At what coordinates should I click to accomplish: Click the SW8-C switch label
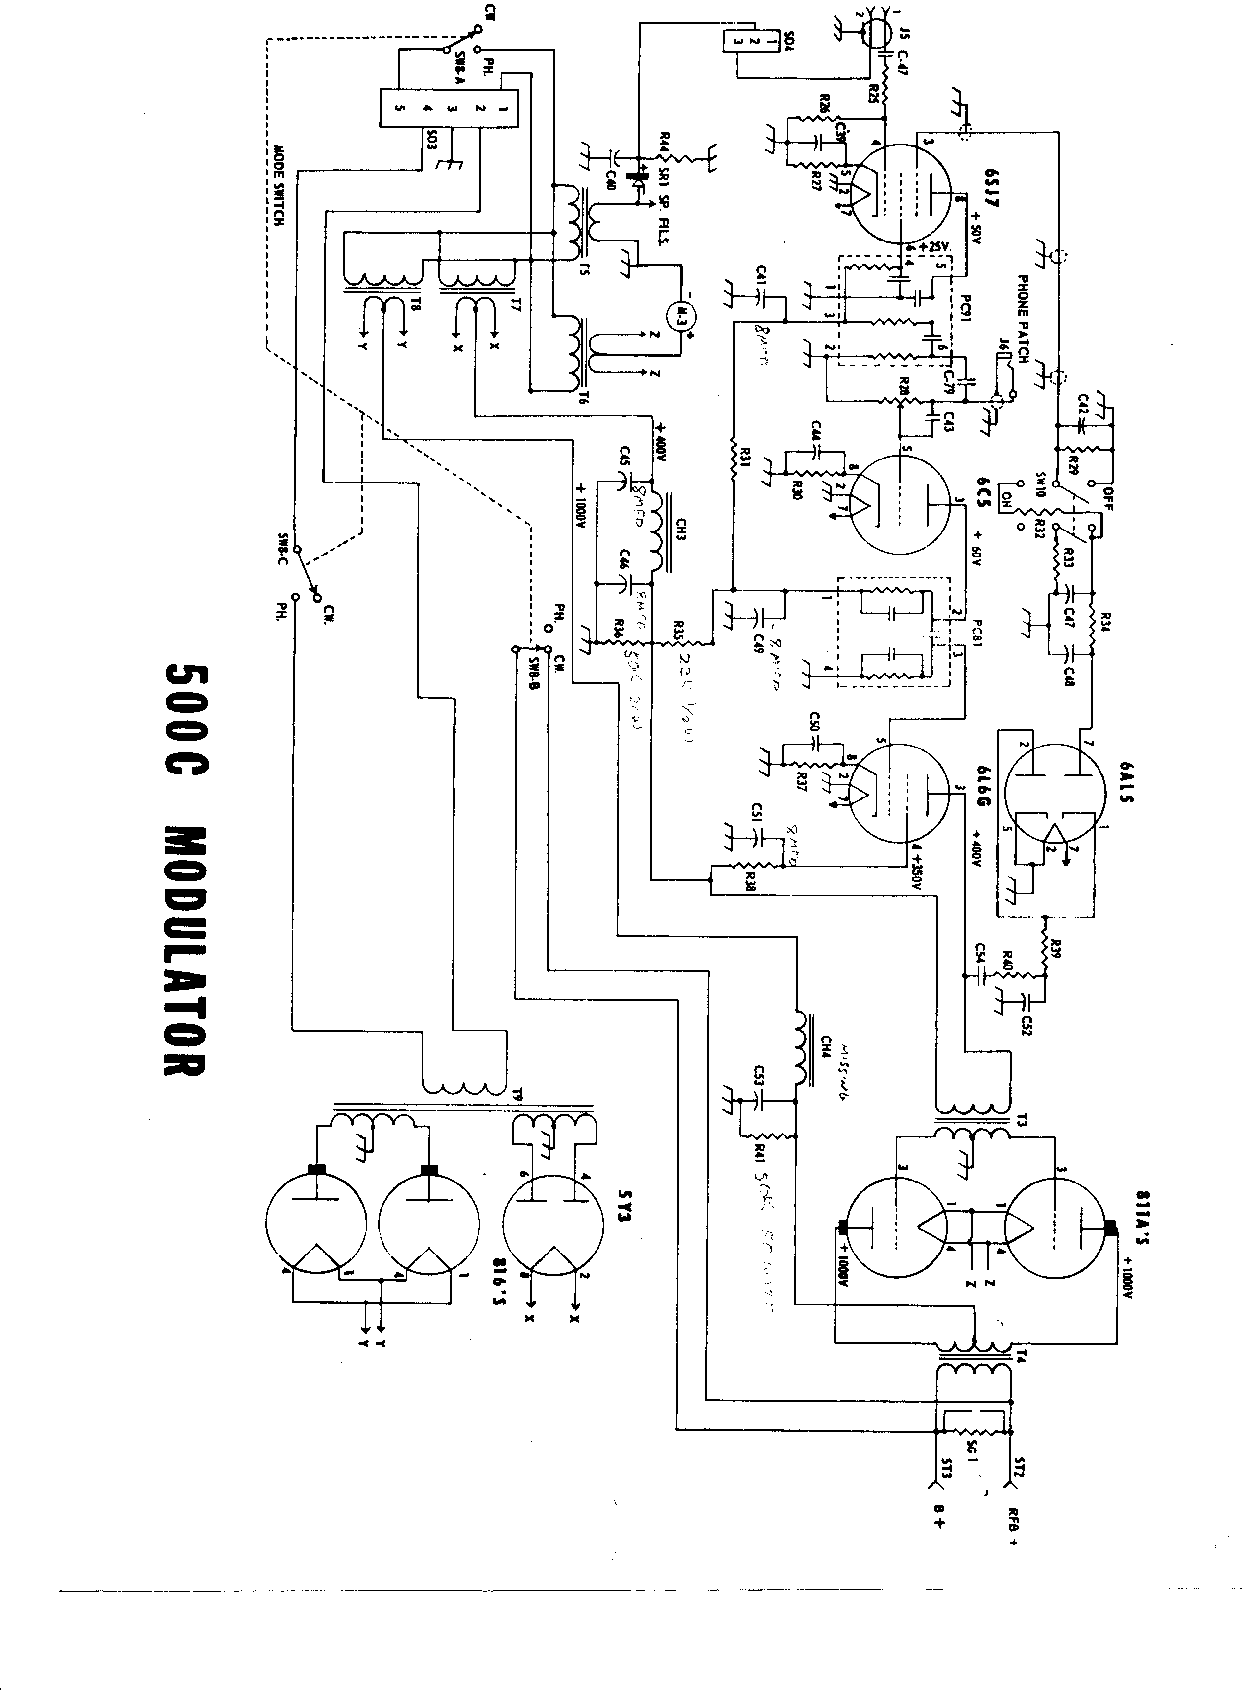[284, 546]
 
